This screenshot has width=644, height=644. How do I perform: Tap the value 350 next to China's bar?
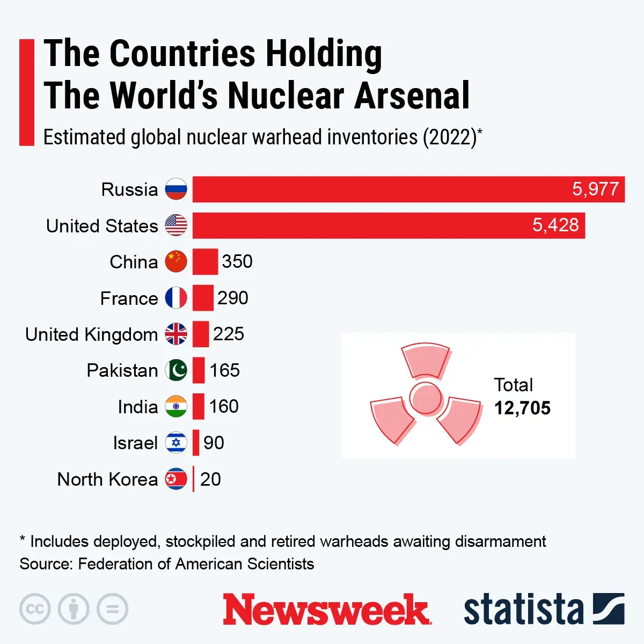pos(237,261)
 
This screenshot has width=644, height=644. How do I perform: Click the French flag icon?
pos(176,298)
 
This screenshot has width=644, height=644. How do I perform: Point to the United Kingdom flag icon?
pos(176,334)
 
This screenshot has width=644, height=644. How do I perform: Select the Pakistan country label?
pos(122,370)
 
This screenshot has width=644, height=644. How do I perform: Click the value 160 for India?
pos(224,406)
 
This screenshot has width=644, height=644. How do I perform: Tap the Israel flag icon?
pos(176,443)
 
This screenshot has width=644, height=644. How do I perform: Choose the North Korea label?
pos(107,479)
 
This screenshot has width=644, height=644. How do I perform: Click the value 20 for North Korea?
pos(210,479)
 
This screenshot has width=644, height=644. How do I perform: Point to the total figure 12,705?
pos(522,408)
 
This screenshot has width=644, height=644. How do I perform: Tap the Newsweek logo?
pos(326,610)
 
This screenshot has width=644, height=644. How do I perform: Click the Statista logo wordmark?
pos(523,610)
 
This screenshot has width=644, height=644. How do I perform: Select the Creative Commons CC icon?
pos(35,609)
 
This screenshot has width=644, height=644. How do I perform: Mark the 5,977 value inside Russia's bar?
pos(595,189)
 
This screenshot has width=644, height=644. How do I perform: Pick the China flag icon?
pos(176,261)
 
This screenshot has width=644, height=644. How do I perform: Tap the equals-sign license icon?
pos(113,609)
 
